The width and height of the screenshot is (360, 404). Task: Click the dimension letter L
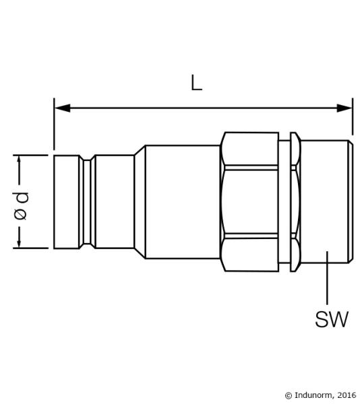pos(196,83)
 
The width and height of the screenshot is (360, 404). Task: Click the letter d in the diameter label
pos(21,197)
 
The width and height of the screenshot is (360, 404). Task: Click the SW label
pos(332,318)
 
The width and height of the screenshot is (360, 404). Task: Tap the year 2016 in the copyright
pos(347,395)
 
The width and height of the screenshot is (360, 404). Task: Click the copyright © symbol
pos(289,395)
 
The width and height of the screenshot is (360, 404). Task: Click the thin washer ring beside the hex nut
pos(293,201)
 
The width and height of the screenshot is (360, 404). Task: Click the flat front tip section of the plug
pos(67,201)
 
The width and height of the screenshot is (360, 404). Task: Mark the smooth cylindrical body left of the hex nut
pos(182,201)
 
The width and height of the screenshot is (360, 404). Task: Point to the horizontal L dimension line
pos(202,107)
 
